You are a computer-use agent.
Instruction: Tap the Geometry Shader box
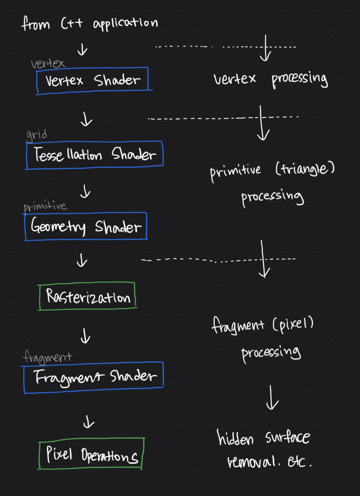[86, 227]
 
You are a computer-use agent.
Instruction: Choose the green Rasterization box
[88, 296]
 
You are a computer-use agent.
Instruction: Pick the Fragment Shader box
[93, 377]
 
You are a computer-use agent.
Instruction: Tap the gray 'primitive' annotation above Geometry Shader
[45, 206]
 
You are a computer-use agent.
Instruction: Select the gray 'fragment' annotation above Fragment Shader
[48, 357]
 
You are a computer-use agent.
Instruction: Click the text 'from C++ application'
[90, 23]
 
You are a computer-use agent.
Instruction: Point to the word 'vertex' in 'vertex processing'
[235, 78]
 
